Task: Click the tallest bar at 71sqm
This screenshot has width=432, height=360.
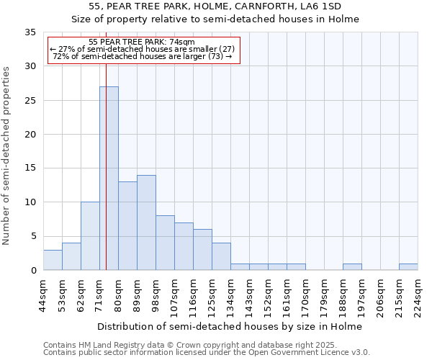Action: pyautogui.click(x=109, y=179)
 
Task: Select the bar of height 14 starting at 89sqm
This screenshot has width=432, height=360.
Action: pyautogui.click(x=146, y=222)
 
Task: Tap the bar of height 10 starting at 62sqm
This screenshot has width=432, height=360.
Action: pyautogui.click(x=90, y=236)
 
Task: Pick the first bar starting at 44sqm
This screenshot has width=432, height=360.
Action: pyautogui.click(x=53, y=260)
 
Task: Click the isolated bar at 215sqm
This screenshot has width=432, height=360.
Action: pyautogui.click(x=408, y=267)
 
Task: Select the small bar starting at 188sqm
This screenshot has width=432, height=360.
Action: pyautogui.click(x=352, y=267)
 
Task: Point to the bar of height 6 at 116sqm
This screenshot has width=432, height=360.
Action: pyautogui.click(x=202, y=250)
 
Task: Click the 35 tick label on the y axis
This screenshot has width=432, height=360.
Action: pyautogui.click(x=30, y=32)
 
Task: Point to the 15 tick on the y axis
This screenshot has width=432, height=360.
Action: pyautogui.click(x=30, y=168)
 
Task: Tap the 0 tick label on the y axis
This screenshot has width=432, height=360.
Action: pyautogui.click(x=33, y=271)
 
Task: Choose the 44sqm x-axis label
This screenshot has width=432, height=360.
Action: pyautogui.click(x=43, y=296)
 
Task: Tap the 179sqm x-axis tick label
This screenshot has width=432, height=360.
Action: pyautogui.click(x=324, y=296)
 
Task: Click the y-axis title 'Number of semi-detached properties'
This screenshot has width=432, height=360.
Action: pyautogui.click(x=7, y=155)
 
